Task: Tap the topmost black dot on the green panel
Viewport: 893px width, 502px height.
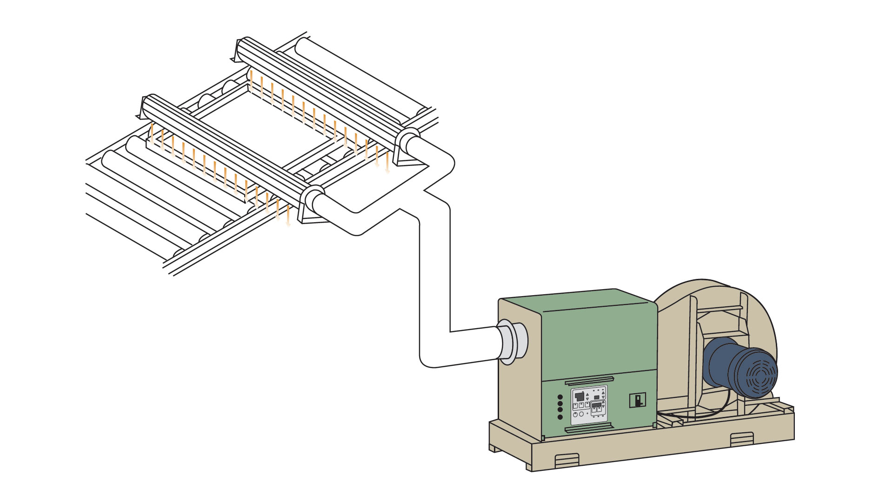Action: (560, 397)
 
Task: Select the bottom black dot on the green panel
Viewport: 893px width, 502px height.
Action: (560, 417)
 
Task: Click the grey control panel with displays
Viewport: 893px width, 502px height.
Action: (589, 405)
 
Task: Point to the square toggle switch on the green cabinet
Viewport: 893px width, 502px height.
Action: (638, 400)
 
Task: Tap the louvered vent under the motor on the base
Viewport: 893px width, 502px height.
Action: (741, 439)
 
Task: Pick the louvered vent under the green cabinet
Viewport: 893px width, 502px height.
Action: (567, 460)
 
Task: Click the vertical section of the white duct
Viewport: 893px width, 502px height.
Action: (435, 279)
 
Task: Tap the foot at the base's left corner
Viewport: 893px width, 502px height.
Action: (493, 449)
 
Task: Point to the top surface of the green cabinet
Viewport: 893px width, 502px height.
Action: (577, 300)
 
